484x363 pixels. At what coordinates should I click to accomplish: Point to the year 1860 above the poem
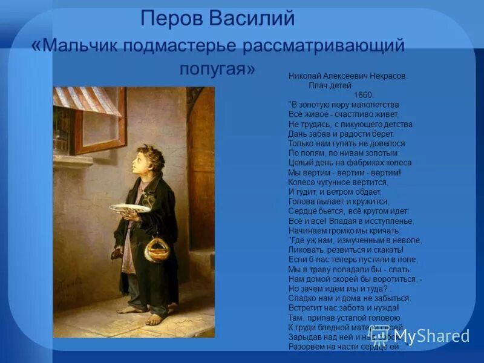(364, 94)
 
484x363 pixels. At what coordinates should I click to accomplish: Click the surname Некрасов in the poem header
(386, 77)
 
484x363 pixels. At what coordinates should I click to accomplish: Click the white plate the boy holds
(130, 208)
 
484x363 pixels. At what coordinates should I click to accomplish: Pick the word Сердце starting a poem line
(302, 211)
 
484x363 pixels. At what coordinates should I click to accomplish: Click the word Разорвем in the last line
(308, 347)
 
